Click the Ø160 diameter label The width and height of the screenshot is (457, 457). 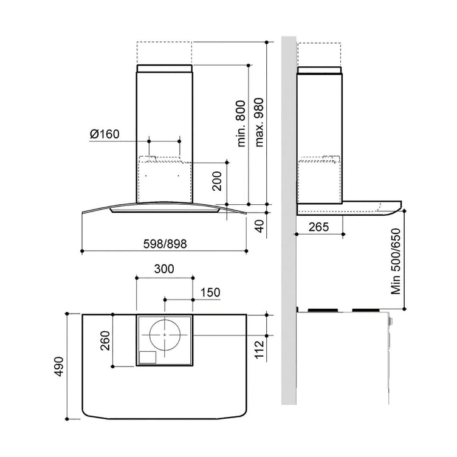(x=105, y=134)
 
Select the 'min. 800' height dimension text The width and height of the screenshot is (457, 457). (x=241, y=123)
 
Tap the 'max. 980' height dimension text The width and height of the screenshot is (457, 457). (x=259, y=122)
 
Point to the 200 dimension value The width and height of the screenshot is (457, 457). (x=217, y=181)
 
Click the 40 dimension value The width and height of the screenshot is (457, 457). (x=259, y=226)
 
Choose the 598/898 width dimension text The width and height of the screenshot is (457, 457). (x=165, y=244)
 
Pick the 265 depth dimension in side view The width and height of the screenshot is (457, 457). (x=319, y=227)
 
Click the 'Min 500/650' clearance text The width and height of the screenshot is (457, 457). (x=396, y=261)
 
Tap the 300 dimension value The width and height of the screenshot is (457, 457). (x=164, y=269)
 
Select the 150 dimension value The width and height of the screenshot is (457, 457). (x=210, y=292)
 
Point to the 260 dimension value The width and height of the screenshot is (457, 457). (x=105, y=340)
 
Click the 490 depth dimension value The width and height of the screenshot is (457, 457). (x=59, y=366)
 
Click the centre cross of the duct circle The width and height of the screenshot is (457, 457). (x=165, y=335)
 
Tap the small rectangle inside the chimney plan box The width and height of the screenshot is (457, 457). (x=148, y=357)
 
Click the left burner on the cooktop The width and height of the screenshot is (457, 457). (x=323, y=310)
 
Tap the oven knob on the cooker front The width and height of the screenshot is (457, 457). (x=391, y=321)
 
